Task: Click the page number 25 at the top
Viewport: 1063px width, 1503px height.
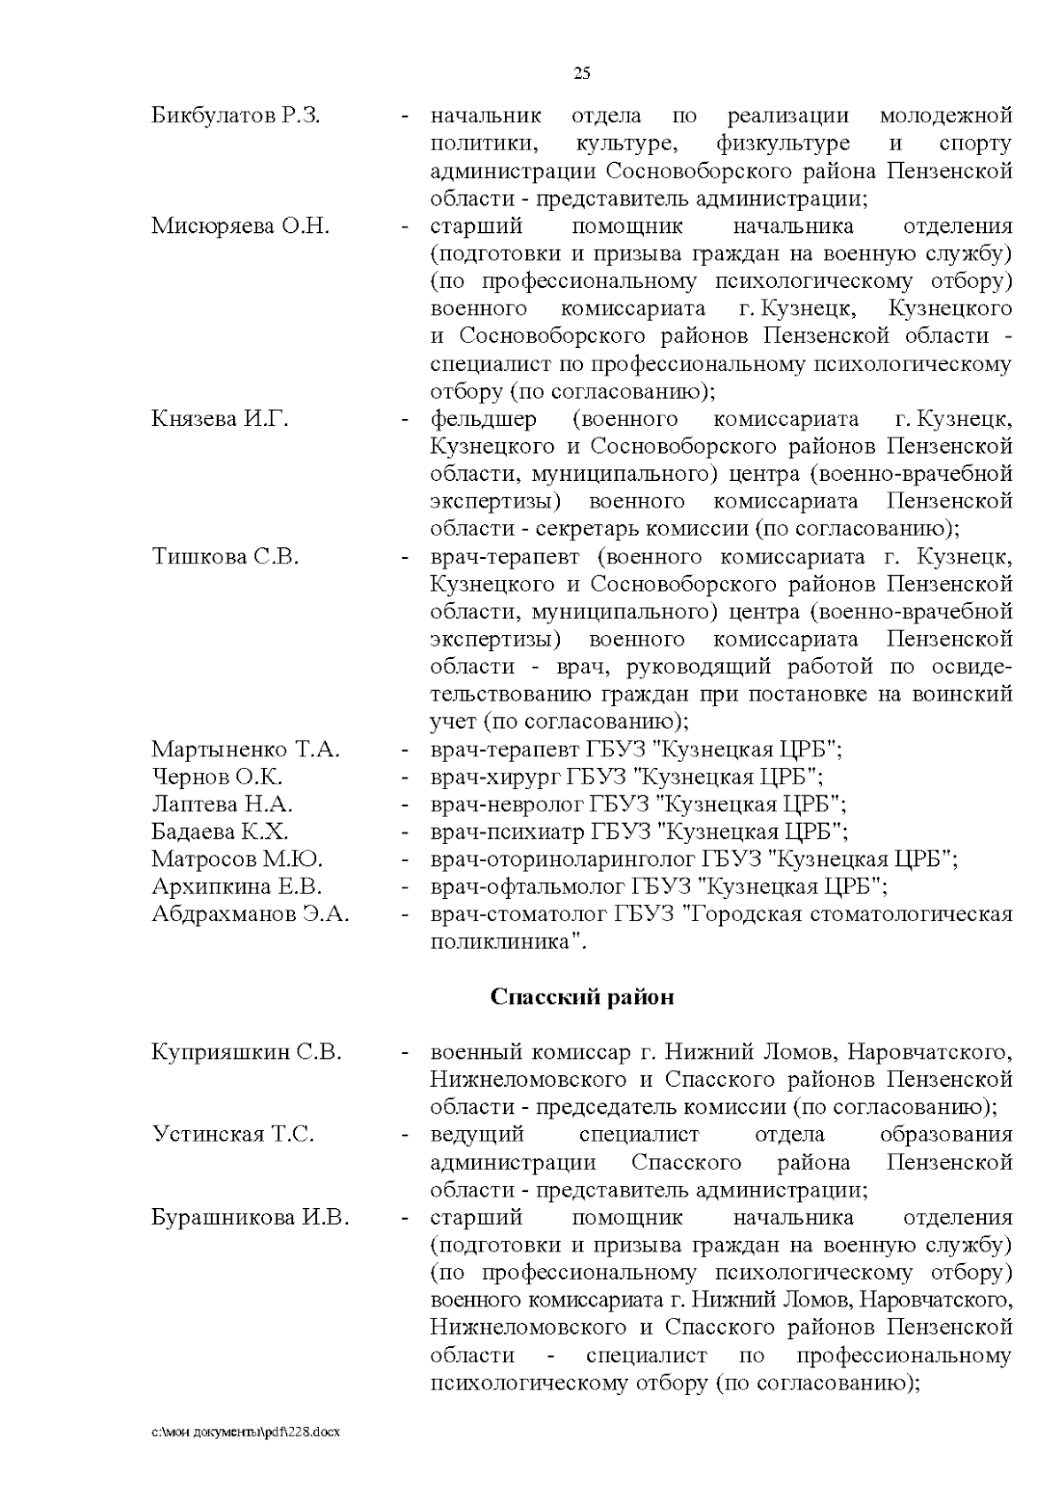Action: pos(582,74)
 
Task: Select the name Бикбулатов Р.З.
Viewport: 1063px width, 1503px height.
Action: pos(236,116)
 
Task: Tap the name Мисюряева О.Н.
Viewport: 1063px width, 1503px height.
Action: pos(240,227)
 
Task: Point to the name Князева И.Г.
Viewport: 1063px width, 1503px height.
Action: pos(220,420)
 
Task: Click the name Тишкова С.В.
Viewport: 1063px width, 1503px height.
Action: pos(225,558)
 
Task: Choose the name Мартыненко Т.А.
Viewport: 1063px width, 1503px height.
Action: pos(245,750)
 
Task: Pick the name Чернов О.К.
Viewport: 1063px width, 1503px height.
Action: pos(217,778)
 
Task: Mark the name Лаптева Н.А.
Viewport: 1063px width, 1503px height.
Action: pos(221,805)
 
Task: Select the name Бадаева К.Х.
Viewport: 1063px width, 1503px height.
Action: pos(220,833)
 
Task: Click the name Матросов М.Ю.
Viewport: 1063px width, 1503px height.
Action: pos(237,860)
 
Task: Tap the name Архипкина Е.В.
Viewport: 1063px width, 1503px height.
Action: pos(237,887)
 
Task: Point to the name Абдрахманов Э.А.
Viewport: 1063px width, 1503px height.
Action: pos(250,915)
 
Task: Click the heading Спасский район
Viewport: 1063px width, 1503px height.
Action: pos(582,997)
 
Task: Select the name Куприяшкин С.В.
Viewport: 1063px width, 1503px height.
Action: pos(246,1053)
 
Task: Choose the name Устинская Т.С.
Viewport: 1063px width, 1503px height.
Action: pos(233,1135)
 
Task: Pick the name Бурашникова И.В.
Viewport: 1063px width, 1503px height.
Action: pos(250,1218)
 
